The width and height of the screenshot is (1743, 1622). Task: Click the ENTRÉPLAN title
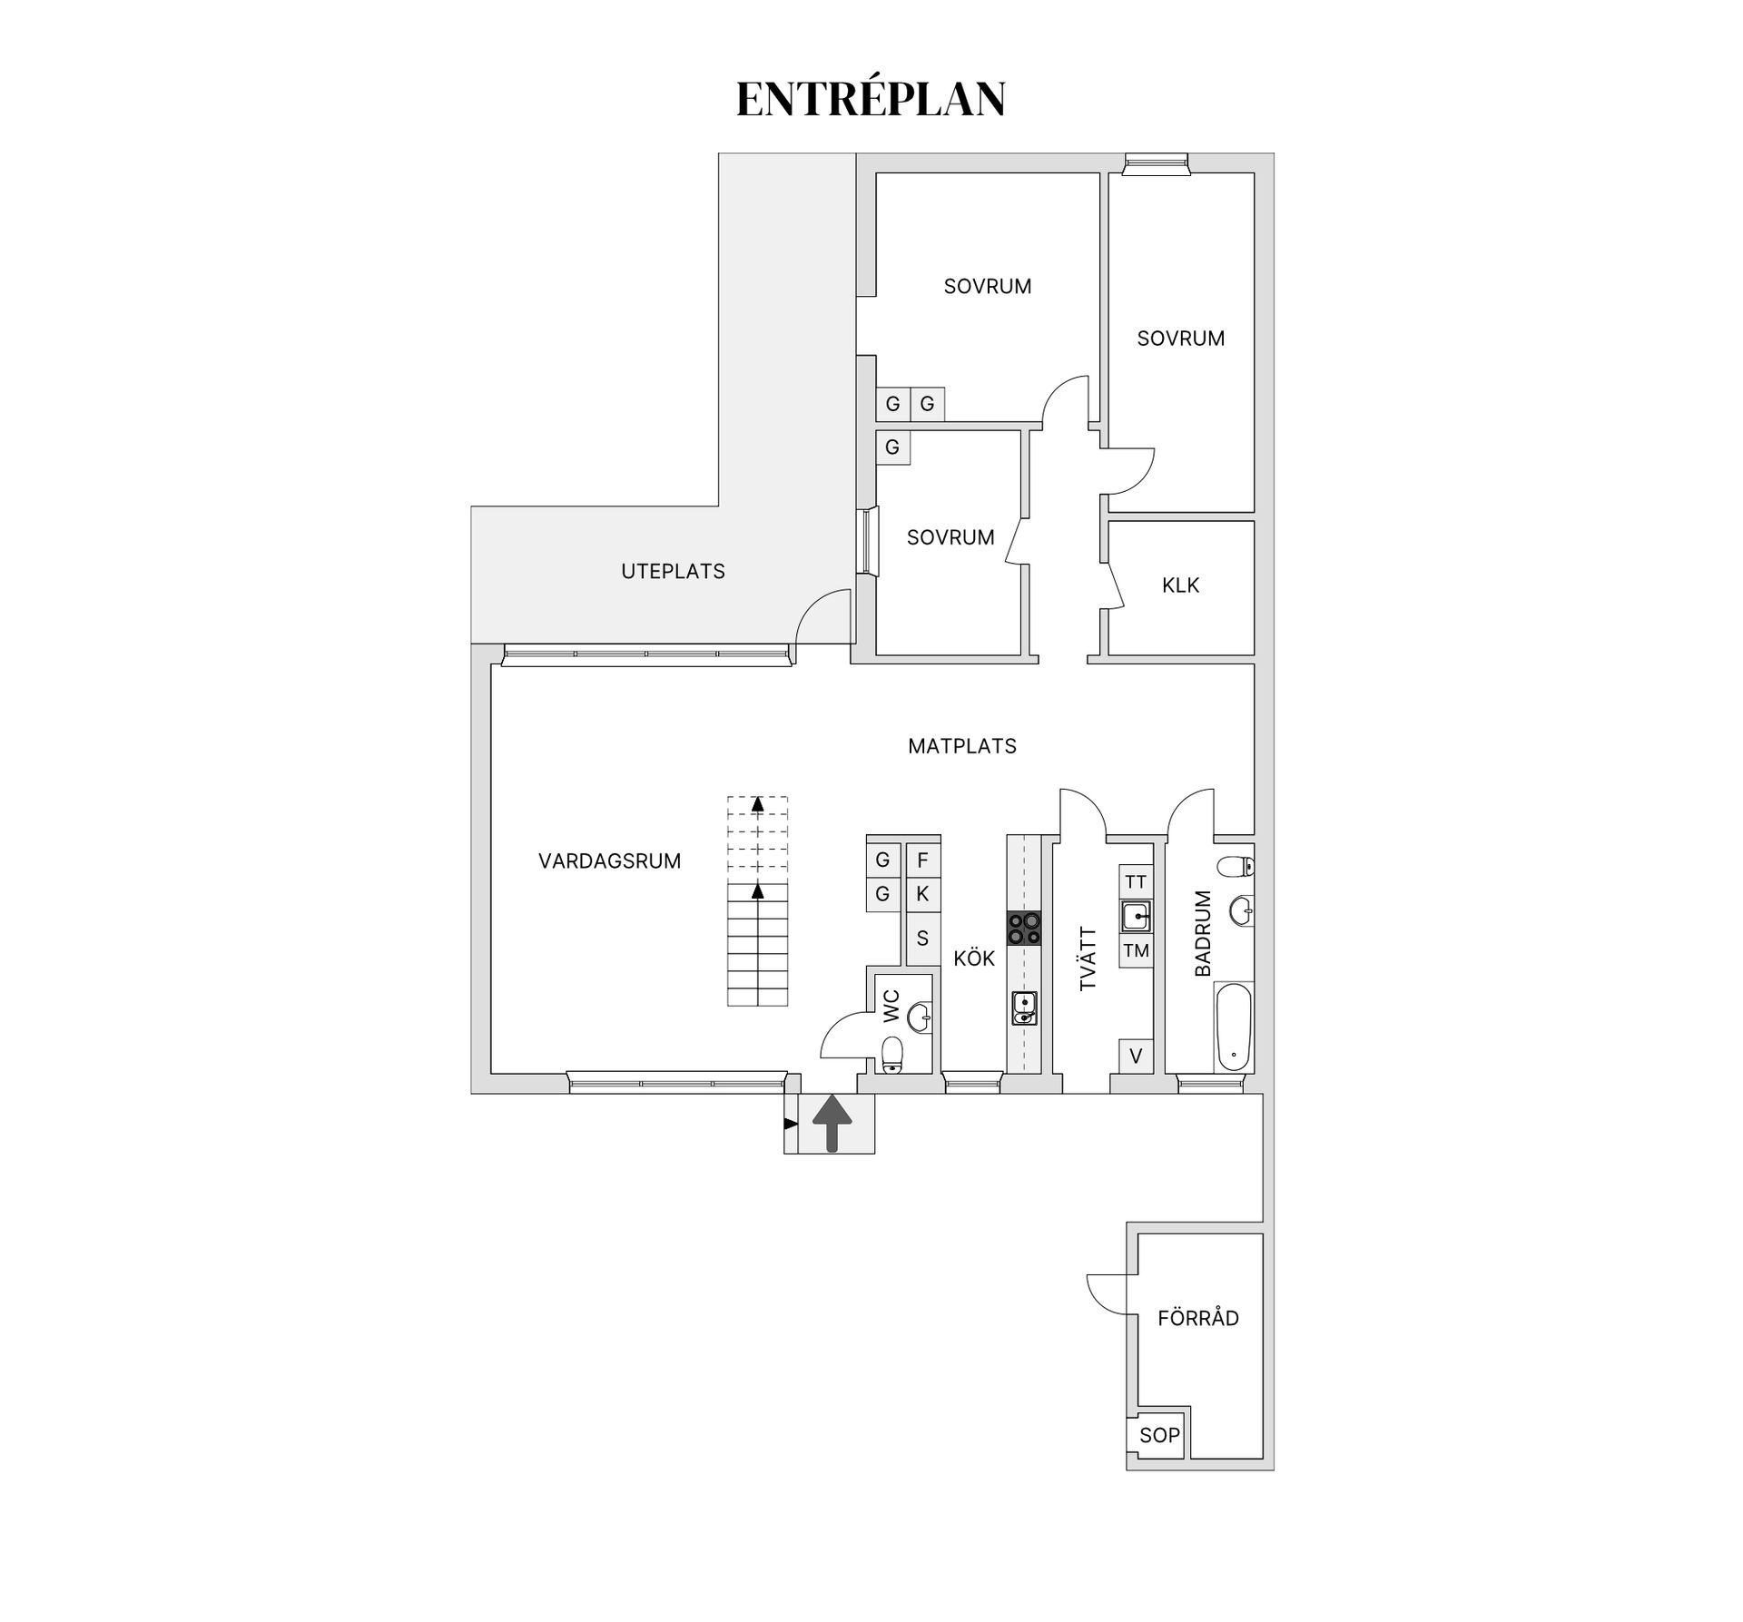tap(871, 99)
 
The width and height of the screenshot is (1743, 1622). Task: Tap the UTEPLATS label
tap(673, 572)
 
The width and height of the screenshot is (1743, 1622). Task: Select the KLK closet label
tap(1180, 585)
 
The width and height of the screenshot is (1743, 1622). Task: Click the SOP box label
tap(1159, 1435)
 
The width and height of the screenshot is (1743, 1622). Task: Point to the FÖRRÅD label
tap(1197, 1318)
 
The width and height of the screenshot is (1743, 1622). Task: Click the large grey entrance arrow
tap(832, 1123)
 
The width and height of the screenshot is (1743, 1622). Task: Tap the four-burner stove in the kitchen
tap(1024, 929)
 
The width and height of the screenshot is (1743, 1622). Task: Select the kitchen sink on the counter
tap(1024, 1008)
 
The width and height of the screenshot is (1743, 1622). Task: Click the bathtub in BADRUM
tap(1234, 1027)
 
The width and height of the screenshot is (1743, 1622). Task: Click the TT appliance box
tap(1136, 881)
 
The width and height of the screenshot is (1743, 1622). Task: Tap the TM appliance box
tap(1136, 951)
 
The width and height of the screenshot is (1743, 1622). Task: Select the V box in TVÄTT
tap(1136, 1056)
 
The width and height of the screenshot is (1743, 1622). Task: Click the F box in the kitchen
tap(922, 860)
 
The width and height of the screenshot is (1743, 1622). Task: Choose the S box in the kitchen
tap(922, 938)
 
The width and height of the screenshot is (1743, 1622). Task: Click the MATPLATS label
tap(962, 746)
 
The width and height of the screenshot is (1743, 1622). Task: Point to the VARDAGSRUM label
tap(609, 861)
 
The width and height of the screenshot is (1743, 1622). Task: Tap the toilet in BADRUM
tap(1236, 868)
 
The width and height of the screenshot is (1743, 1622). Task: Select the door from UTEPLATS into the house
tap(822, 617)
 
